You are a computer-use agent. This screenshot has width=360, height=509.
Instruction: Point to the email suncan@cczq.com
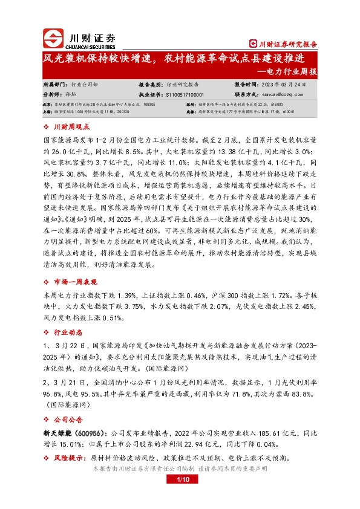(x=279, y=95)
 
